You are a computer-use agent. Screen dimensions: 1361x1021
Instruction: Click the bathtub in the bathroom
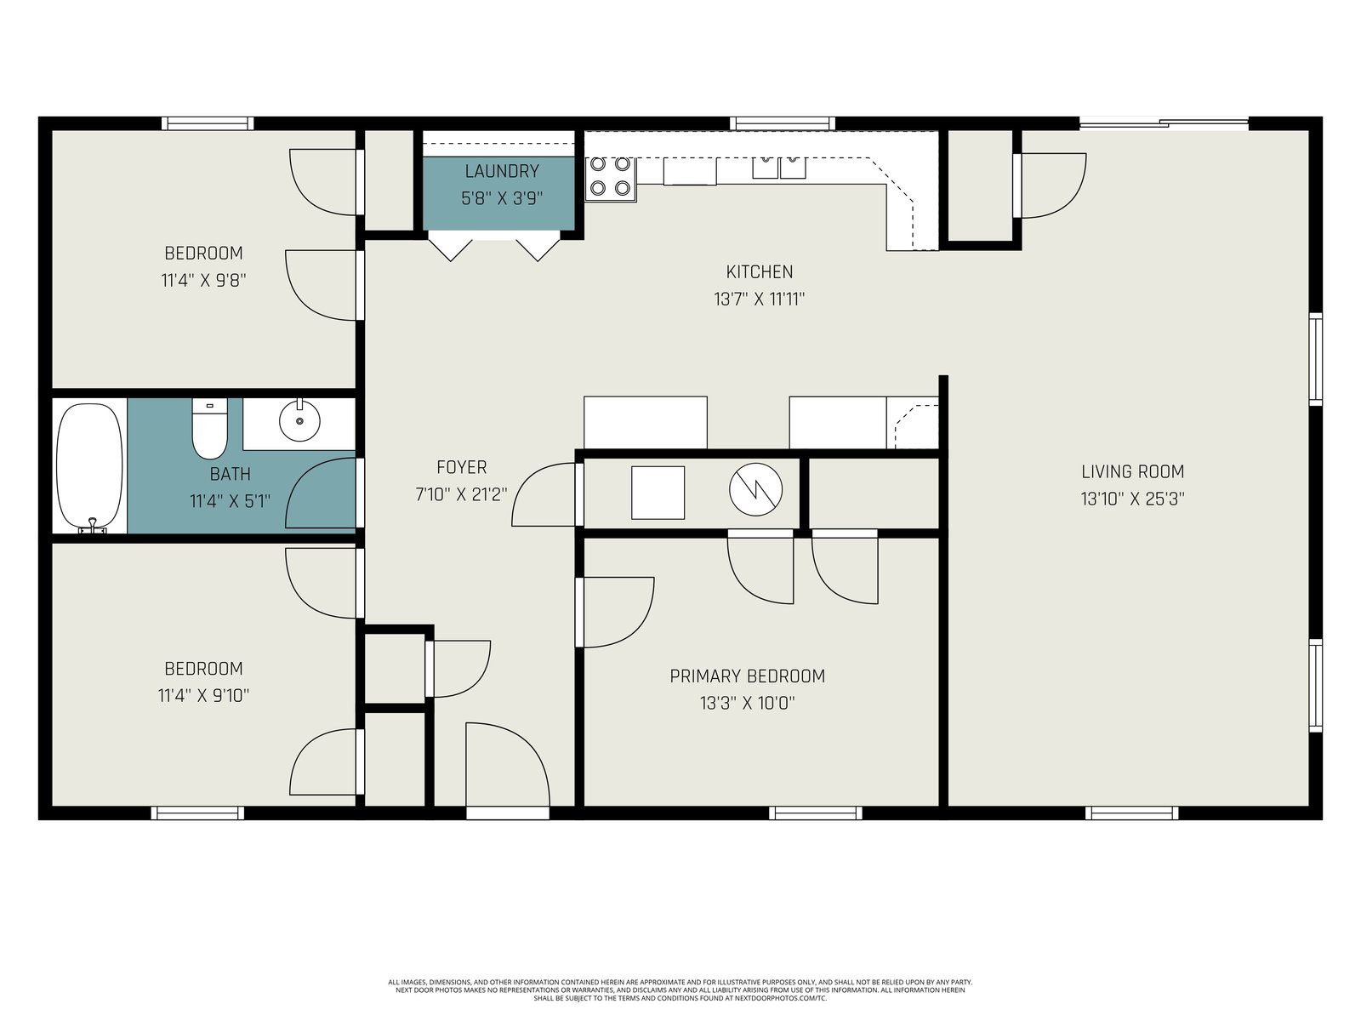pyautogui.click(x=90, y=467)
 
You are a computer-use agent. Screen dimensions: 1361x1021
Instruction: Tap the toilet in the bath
pyautogui.click(x=209, y=428)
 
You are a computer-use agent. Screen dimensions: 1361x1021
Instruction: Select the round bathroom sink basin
pyautogui.click(x=299, y=420)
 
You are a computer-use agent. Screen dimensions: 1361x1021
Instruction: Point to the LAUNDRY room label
pyautogui.click(x=502, y=171)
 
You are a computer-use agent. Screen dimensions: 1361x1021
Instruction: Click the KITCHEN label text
pyautogui.click(x=760, y=272)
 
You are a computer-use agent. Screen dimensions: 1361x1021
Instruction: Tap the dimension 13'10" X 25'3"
pyautogui.click(x=1133, y=499)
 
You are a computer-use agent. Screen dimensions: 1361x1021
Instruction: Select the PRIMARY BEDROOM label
pyautogui.click(x=748, y=676)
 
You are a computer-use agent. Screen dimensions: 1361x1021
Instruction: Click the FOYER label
pyautogui.click(x=461, y=467)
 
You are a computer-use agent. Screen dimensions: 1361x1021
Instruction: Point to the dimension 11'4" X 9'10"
pyautogui.click(x=204, y=696)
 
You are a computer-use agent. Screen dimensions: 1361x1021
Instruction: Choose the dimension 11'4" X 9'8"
pyautogui.click(x=204, y=281)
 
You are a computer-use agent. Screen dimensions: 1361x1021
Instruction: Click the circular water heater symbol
pyautogui.click(x=756, y=490)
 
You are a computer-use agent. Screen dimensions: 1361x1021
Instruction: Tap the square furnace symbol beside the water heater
pyautogui.click(x=658, y=493)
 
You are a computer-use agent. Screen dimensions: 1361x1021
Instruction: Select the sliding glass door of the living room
pyautogui.click(x=1164, y=123)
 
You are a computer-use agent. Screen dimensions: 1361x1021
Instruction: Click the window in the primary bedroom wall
pyautogui.click(x=816, y=813)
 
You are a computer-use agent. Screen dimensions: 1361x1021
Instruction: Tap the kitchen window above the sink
pyautogui.click(x=782, y=123)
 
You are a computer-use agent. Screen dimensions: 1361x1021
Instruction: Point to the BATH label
pyautogui.click(x=230, y=475)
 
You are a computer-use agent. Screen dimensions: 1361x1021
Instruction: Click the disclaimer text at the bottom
pyautogui.click(x=680, y=990)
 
